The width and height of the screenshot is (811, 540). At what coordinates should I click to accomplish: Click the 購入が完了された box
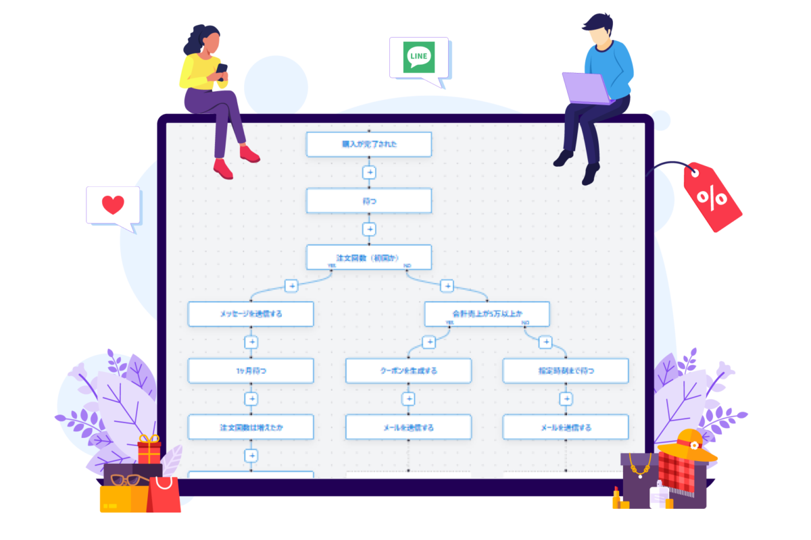pyautogui.click(x=368, y=144)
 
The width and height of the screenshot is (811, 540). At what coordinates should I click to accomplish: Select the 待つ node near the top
pyautogui.click(x=368, y=200)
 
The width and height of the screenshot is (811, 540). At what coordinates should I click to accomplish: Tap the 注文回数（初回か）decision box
pyautogui.click(x=368, y=257)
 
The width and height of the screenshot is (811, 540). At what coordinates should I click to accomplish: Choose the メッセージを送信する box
pyautogui.click(x=251, y=314)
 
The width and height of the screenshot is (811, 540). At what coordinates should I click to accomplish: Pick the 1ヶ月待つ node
pyautogui.click(x=251, y=371)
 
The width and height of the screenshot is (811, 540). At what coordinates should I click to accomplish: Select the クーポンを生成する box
pyautogui.click(x=408, y=371)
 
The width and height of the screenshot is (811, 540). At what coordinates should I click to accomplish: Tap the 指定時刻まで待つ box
pyautogui.click(x=566, y=371)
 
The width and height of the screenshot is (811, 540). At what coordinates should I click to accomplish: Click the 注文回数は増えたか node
pyautogui.click(x=251, y=427)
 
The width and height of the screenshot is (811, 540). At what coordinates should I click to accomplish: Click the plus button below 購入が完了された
pyautogui.click(x=369, y=172)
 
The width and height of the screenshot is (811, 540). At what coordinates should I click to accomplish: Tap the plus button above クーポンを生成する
pyautogui.click(x=428, y=342)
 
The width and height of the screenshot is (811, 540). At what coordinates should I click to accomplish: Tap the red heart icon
pyautogui.click(x=113, y=205)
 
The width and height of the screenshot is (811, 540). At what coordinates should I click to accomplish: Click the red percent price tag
pyautogui.click(x=712, y=198)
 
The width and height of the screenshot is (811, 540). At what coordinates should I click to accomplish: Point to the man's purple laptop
pyautogui.click(x=587, y=88)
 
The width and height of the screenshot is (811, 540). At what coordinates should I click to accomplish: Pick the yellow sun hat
pyautogui.click(x=688, y=445)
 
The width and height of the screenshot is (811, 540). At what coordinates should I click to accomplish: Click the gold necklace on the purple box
pyautogui.click(x=640, y=465)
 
